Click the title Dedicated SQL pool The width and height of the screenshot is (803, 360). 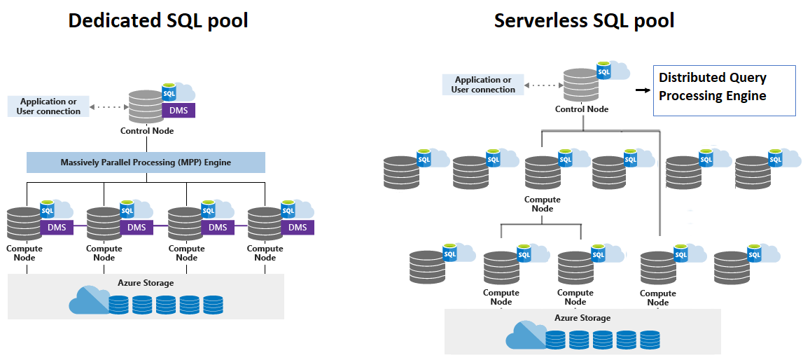tap(158, 20)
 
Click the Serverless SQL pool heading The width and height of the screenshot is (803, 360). tap(584, 20)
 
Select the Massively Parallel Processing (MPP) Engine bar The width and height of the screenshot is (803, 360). tap(146, 162)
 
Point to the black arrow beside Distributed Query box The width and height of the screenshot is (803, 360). tap(641, 90)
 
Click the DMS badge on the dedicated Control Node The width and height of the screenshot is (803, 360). tap(178, 111)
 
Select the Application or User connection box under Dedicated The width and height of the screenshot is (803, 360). tap(48, 106)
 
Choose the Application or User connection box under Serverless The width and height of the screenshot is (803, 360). tap(483, 85)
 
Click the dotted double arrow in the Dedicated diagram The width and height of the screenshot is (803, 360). tap(109, 107)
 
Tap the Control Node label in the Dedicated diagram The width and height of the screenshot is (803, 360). tap(147, 131)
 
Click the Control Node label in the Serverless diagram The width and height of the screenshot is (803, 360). tap(582, 109)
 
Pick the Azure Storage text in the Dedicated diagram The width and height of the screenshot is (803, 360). tap(146, 283)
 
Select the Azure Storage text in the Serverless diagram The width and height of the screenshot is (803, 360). tap(582, 318)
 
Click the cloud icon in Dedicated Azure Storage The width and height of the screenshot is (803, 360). tap(88, 300)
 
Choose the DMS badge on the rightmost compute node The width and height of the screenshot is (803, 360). tap(298, 227)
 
